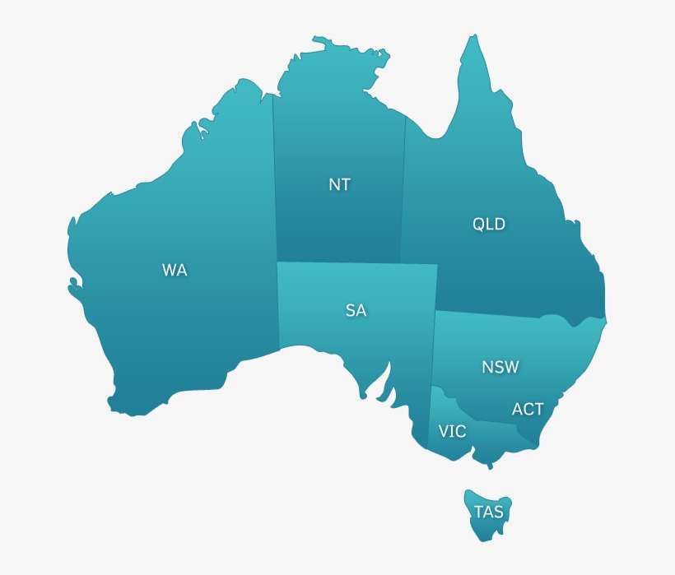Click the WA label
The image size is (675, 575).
pos(175,270)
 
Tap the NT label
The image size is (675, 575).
pos(339,184)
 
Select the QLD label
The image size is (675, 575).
pos(489,224)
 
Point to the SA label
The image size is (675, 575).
pos(356,310)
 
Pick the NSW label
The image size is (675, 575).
pos(500,367)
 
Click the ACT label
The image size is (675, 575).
pos(528,409)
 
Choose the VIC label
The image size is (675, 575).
pos(452,431)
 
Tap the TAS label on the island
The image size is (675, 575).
pos(488,512)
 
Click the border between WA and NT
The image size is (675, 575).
pos(274,181)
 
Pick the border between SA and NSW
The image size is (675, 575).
pos(433,345)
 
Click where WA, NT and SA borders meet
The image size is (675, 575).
pos(276,262)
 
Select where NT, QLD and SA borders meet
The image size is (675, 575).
pos(401,263)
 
